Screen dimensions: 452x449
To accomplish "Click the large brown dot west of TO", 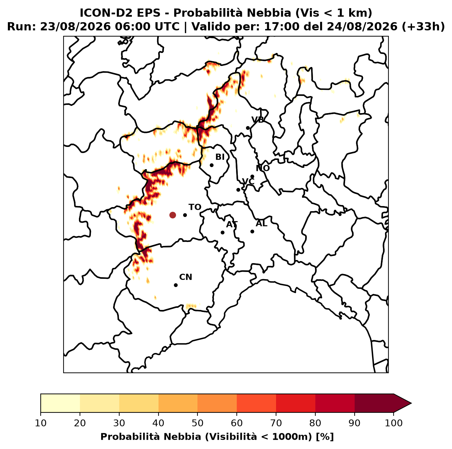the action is click(x=173, y=215).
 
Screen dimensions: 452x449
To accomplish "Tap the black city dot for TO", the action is click(x=185, y=215).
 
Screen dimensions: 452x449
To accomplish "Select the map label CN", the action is click(x=186, y=277).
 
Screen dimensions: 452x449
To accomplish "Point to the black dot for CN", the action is click(x=176, y=285).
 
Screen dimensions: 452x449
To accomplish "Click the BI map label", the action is click(x=220, y=157).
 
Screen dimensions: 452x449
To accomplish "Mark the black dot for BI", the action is click(x=211, y=165).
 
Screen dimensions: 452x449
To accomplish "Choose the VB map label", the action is click(x=258, y=120).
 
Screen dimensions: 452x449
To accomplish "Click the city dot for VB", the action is click(x=248, y=128).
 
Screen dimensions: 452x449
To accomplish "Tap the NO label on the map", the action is click(x=262, y=168).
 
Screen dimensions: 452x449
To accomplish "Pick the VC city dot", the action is click(x=238, y=190).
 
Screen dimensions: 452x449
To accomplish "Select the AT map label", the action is click(x=232, y=224).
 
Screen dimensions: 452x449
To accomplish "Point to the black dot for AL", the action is click(x=252, y=231).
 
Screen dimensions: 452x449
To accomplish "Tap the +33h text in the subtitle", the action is click(x=423, y=27).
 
